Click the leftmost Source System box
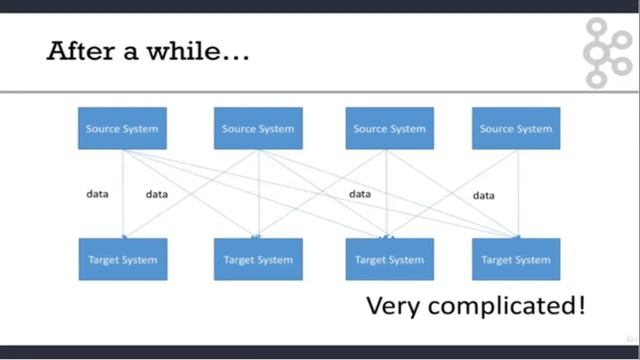click(x=122, y=129)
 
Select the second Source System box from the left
click(x=258, y=129)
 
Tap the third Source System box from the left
click(x=390, y=129)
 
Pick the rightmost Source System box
click(x=516, y=129)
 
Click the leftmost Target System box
click(x=122, y=259)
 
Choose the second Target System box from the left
click(x=258, y=259)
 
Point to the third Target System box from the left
click(x=390, y=259)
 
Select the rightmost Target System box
click(x=516, y=259)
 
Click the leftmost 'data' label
click(x=97, y=194)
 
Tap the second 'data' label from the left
click(x=157, y=194)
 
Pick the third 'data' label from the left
click(x=360, y=194)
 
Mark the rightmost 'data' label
click(x=484, y=196)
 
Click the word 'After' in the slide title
click(x=83, y=51)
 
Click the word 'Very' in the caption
click(x=392, y=306)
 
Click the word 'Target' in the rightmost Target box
click(x=497, y=259)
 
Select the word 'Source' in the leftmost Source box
click(x=103, y=129)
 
